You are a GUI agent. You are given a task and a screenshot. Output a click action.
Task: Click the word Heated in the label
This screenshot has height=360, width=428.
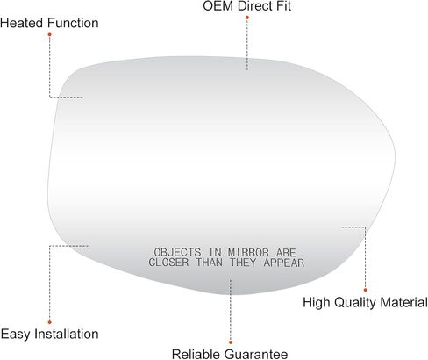[22, 23]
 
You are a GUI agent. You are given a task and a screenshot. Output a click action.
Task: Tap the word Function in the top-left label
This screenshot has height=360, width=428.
[74, 23]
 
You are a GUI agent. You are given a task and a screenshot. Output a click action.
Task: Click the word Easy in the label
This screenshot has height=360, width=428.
[15, 335]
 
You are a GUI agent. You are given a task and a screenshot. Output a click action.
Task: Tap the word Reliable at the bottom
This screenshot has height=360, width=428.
[196, 354]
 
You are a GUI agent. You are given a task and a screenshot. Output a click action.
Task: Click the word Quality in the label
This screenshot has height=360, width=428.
[356, 303]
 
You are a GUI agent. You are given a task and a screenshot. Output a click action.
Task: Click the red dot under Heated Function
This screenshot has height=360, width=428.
[50, 34]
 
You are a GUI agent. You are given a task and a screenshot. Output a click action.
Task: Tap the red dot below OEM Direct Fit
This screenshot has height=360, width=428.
[247, 18]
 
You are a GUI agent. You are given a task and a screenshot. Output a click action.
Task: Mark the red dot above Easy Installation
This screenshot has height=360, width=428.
[50, 322]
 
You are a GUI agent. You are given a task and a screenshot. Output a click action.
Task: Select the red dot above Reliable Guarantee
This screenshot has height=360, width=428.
[231, 342]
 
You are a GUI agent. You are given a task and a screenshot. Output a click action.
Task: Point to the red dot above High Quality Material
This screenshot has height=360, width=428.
[366, 290]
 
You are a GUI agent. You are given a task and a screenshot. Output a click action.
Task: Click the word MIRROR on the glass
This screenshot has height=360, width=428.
[248, 252]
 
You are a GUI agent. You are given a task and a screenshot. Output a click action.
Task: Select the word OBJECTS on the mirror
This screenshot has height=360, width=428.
[177, 252]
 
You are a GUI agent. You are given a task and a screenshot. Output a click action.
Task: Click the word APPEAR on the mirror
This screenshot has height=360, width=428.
[284, 263]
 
